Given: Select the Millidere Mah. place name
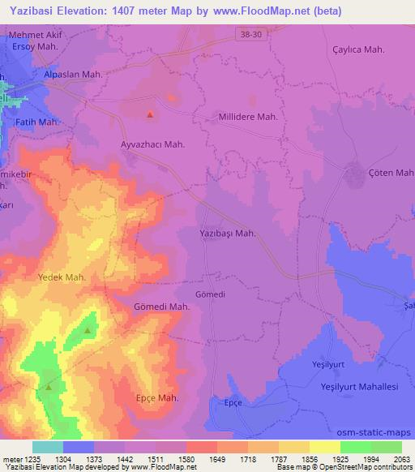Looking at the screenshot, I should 249,117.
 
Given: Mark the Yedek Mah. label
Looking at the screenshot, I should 62,277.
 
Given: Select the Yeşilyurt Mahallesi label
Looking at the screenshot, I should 360,387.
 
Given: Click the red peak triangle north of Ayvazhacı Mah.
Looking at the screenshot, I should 151,114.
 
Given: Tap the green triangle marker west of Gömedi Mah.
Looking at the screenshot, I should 88,330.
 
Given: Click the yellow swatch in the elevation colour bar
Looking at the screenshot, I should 324,446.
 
